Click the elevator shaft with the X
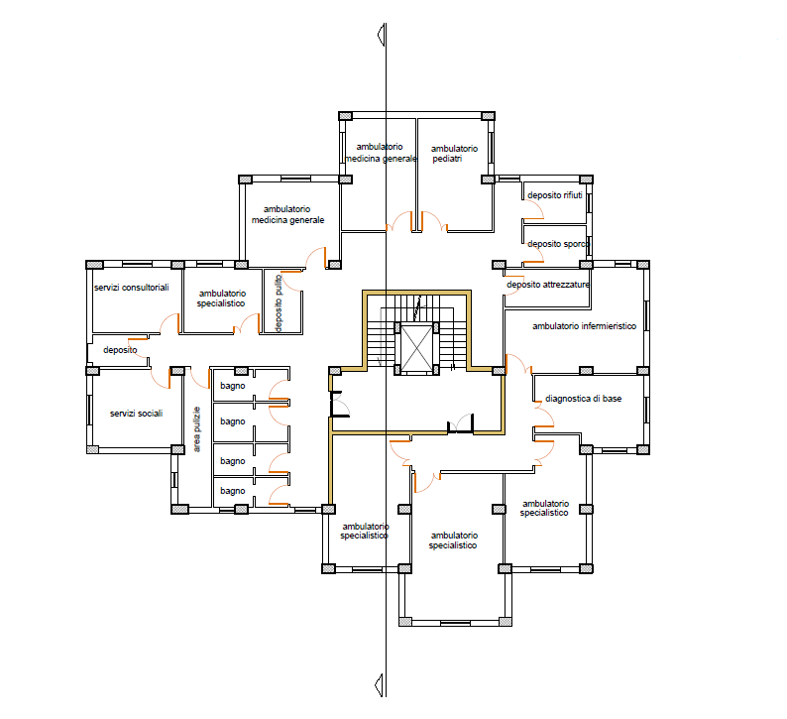pos(416,348)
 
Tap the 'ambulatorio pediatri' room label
pos(454,154)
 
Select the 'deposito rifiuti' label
pos(555,195)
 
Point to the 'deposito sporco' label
pos(558,244)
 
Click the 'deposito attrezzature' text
pos(547,285)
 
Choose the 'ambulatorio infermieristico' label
pos(584,326)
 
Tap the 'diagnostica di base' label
pos(583,399)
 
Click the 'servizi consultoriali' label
pos(132,288)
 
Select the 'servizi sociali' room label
pos(136,414)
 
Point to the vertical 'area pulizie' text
pos(197,428)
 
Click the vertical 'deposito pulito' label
pos(279,302)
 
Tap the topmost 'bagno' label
pos(232,386)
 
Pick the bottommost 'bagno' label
pos(232,491)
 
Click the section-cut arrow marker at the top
pos(382,35)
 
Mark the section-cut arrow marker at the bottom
pos(381,685)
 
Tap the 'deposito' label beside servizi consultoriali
pos(120,350)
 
